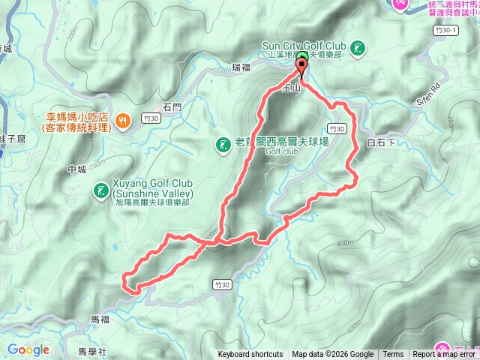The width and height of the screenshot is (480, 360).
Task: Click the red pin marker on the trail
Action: click(302, 68)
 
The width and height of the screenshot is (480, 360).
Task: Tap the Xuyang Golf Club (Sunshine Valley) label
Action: click(154, 189)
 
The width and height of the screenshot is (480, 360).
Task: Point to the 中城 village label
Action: click(78, 169)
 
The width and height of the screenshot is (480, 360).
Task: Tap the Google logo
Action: click(28, 349)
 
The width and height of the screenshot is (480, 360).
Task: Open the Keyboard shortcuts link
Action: click(250, 355)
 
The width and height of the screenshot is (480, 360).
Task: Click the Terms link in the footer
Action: click(393, 355)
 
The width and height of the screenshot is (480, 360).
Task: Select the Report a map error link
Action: click(445, 355)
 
